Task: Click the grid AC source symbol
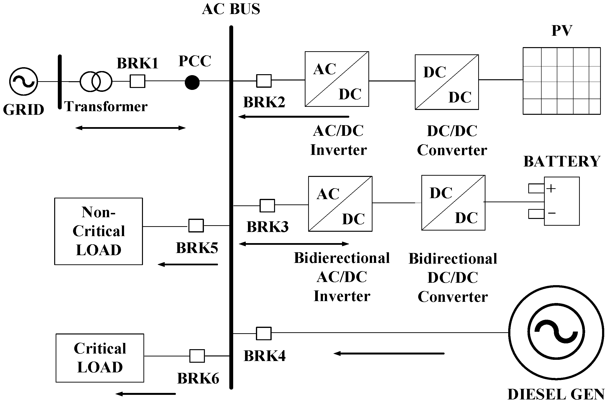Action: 23,81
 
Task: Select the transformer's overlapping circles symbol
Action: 96,81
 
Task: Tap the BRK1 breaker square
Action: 137,81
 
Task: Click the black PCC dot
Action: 192,82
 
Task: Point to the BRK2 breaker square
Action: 264,81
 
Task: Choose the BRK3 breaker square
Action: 267,206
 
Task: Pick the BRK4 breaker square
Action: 264,333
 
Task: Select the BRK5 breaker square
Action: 196,225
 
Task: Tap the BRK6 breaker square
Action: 197,356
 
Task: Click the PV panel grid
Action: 561,81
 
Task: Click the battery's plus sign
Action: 551,188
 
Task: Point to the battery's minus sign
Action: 551,213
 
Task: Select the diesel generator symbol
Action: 556,333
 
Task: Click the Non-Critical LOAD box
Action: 98,231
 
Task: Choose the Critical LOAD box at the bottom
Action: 100,358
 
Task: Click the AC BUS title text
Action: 231,9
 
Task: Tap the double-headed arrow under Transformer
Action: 130,128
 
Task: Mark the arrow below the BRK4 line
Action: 389,353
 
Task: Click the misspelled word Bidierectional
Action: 342,258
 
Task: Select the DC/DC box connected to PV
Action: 447,82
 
